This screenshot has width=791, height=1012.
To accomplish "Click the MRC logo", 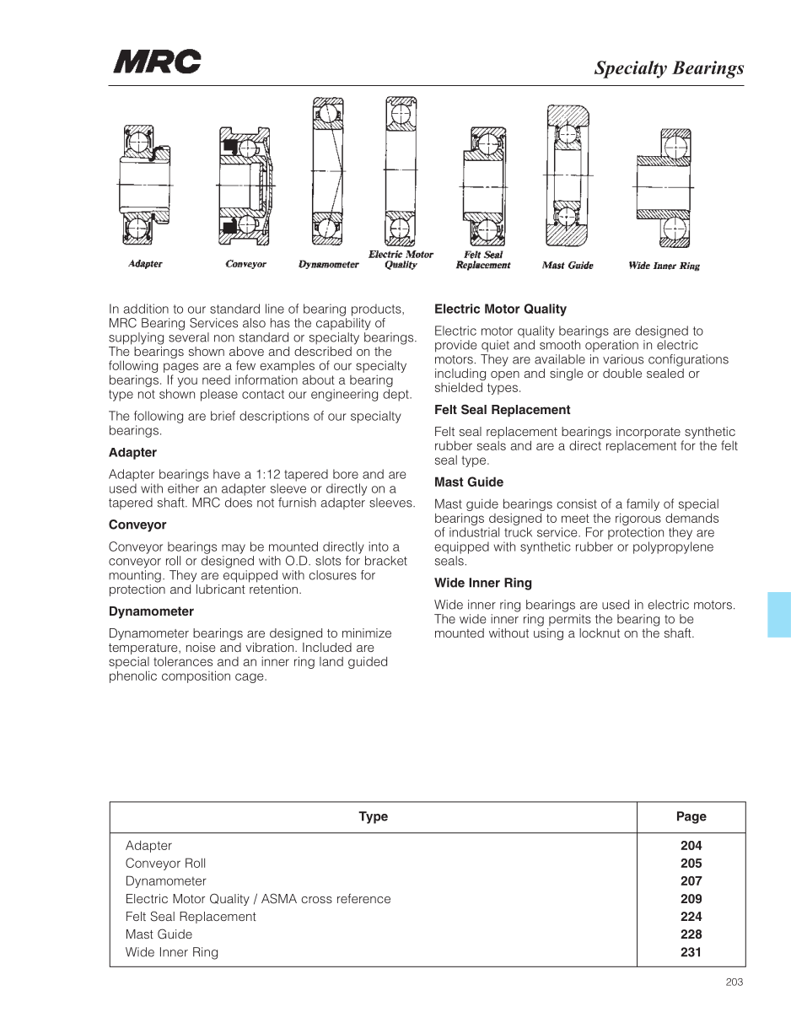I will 158,62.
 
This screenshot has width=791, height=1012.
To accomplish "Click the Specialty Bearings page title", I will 669,68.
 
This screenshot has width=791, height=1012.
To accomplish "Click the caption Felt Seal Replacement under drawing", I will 483,260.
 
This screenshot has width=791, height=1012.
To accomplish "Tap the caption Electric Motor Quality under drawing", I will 401,259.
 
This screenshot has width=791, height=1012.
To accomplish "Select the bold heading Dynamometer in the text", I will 151,611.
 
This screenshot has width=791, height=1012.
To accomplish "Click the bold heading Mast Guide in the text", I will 468,482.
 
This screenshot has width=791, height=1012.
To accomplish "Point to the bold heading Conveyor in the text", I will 137,525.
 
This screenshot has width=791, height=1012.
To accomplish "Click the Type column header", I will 373,816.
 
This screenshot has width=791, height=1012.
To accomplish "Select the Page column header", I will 691,816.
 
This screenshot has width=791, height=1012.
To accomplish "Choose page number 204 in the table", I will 691,845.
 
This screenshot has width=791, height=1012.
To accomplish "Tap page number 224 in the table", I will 691,917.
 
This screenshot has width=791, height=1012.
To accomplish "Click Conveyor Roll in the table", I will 165,864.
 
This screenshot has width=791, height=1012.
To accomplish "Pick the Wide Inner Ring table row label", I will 171,952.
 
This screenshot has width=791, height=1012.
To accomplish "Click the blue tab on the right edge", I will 779,614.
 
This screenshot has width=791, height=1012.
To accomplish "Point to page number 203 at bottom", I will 734,982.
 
